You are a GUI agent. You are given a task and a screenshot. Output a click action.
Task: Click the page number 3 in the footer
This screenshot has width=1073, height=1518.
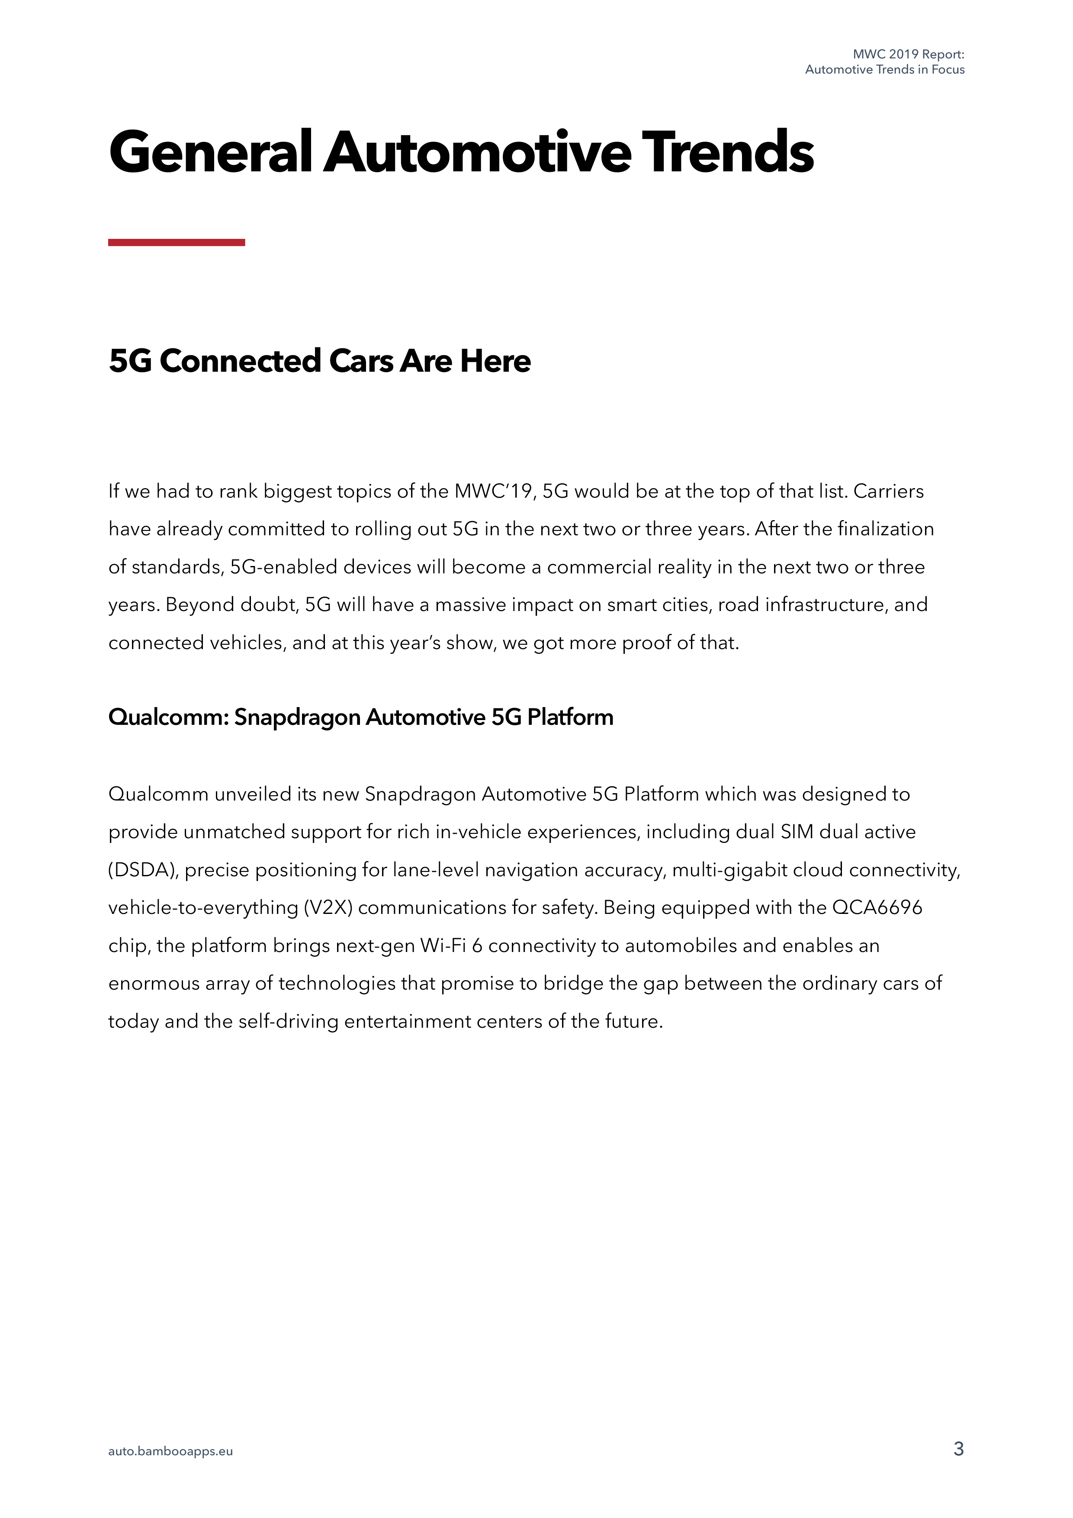tap(958, 1449)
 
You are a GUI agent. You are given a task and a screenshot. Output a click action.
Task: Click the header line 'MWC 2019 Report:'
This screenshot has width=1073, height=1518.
tap(908, 54)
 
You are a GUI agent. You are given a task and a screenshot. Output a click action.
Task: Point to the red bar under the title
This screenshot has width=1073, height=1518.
tap(177, 243)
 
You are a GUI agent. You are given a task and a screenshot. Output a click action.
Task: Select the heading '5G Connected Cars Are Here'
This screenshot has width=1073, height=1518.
tap(319, 361)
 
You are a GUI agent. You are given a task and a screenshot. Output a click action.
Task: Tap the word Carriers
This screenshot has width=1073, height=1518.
tap(889, 491)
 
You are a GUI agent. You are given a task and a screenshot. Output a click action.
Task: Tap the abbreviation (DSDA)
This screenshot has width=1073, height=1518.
tap(144, 869)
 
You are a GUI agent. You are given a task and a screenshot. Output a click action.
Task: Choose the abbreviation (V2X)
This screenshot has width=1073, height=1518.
tap(328, 907)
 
